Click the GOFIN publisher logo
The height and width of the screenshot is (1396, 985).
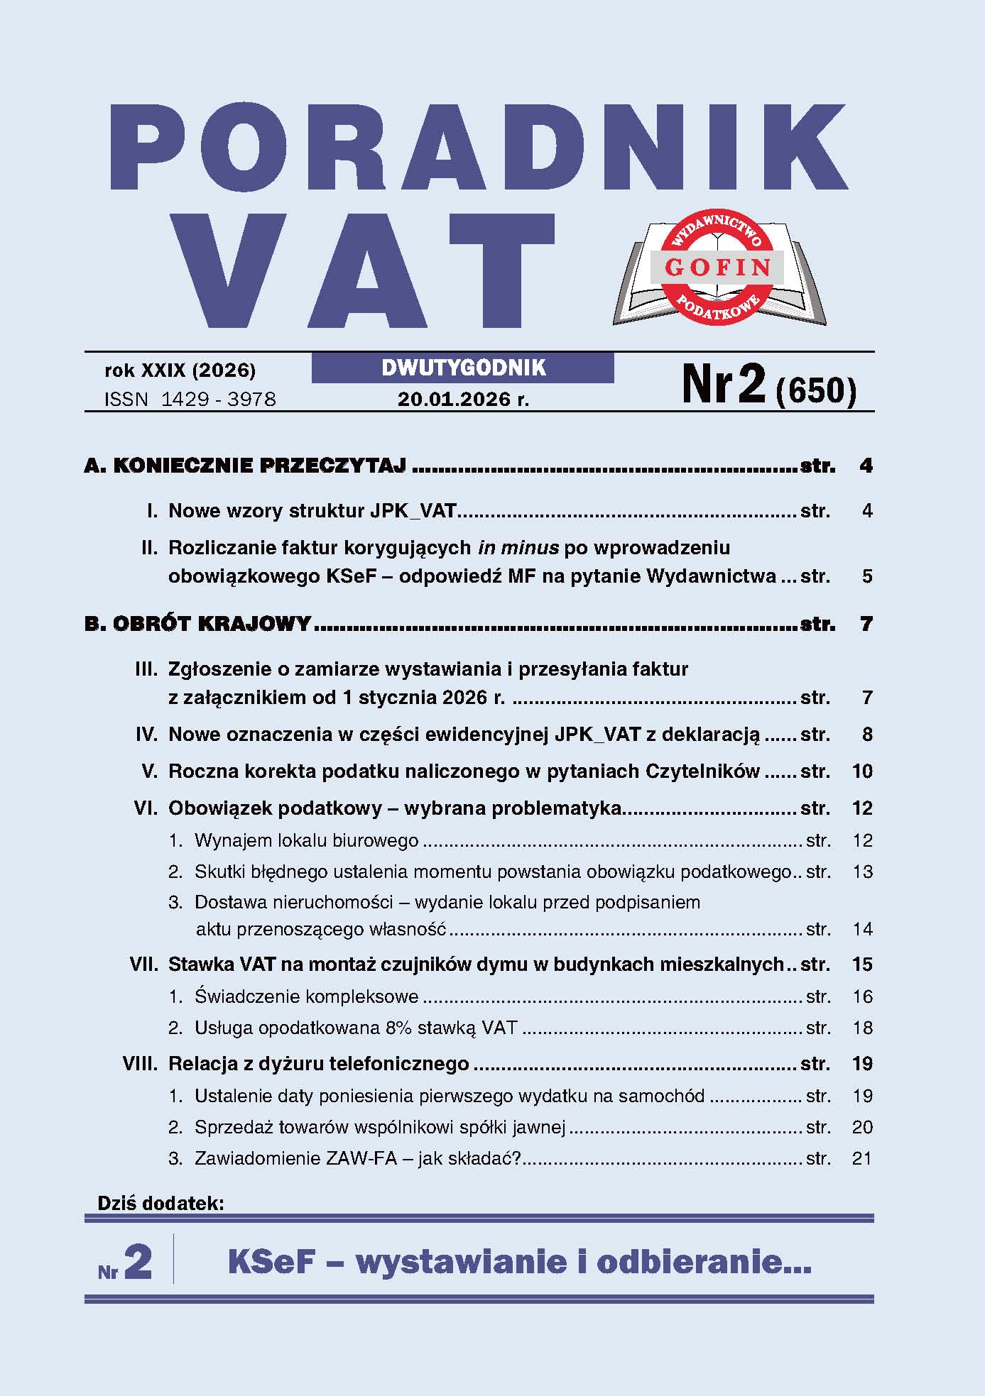tap(718, 268)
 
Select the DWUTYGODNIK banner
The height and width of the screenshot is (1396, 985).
tap(463, 368)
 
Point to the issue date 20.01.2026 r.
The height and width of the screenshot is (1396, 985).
tap(463, 400)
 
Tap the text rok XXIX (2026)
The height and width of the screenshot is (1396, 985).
tap(180, 370)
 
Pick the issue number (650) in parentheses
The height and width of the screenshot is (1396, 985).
tap(817, 390)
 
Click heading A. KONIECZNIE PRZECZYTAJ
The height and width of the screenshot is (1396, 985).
tap(245, 466)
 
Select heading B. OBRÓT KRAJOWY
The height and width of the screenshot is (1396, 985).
tap(197, 625)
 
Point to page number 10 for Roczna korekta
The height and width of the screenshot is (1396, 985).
tap(862, 771)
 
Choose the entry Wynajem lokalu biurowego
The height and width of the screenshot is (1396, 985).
tap(306, 841)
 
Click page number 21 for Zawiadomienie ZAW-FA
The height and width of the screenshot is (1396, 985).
tap(861, 1159)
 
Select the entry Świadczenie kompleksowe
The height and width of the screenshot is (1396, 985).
tap(306, 997)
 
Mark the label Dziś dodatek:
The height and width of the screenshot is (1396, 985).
tap(161, 1204)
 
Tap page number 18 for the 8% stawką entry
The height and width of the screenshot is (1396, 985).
tap(862, 1028)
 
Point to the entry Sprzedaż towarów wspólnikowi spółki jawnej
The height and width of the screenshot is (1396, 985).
tap(380, 1128)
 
